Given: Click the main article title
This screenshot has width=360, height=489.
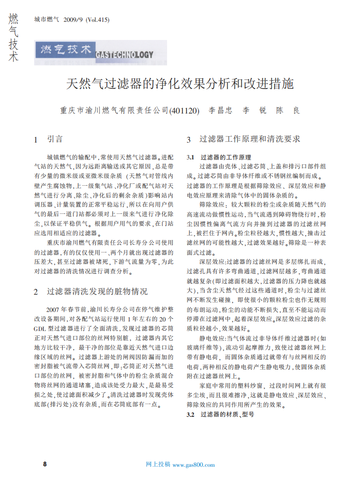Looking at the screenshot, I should (180, 84).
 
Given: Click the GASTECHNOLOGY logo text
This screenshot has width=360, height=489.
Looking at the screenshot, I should (124, 55).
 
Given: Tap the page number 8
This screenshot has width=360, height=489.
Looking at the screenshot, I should (44, 464).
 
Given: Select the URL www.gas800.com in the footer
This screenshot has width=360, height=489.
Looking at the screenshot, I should (194, 464).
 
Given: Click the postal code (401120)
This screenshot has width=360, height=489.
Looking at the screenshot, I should (184, 111).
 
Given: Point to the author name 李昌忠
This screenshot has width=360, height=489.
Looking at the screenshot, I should (220, 111).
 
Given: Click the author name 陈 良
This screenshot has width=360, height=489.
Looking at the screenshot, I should (288, 111).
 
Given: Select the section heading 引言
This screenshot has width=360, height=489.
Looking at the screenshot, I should (55, 139).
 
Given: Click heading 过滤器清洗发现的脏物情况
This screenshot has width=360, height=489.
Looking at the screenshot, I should (97, 291).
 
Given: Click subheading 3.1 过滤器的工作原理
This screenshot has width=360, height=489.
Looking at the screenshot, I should (219, 157).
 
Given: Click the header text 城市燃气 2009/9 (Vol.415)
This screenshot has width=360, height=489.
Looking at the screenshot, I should (72, 20).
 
